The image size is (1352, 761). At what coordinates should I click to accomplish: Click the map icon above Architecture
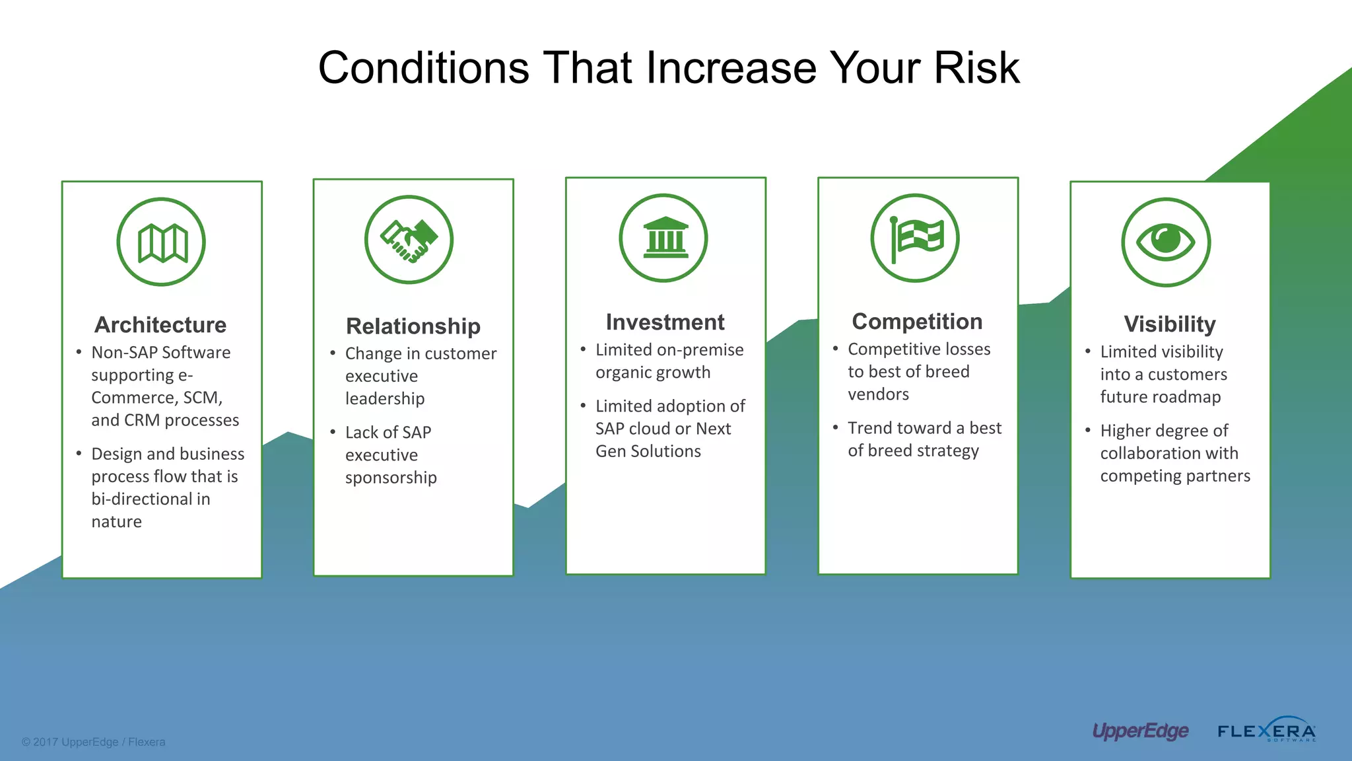click(162, 242)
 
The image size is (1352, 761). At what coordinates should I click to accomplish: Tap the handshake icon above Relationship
click(409, 240)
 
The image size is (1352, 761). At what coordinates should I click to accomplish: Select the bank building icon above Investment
click(664, 238)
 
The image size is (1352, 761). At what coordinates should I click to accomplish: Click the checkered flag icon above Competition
click(915, 238)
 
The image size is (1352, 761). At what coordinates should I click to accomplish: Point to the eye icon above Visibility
click(1166, 242)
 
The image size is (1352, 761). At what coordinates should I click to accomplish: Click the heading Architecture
click(160, 325)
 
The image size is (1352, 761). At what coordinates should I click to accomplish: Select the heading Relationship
click(413, 326)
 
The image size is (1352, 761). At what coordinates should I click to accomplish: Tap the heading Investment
click(665, 322)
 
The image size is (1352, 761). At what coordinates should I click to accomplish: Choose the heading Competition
click(917, 322)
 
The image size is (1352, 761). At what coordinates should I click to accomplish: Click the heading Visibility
click(1169, 324)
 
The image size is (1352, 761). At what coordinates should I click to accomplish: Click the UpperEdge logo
click(1140, 731)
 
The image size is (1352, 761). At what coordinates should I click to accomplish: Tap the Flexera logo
click(1266, 731)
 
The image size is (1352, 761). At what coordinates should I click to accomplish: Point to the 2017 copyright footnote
click(93, 742)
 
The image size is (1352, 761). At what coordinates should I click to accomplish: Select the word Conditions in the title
click(423, 68)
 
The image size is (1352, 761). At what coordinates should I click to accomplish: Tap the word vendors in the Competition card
click(878, 394)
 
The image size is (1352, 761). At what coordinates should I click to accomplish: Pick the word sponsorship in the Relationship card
click(391, 478)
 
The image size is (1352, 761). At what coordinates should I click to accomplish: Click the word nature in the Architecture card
click(117, 522)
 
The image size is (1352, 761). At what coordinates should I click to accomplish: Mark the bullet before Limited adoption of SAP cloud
click(583, 405)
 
